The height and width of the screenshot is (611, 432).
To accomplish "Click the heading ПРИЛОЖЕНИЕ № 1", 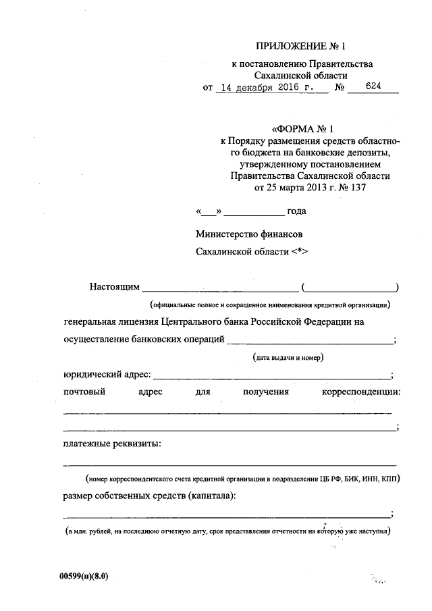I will pyautogui.click(x=300, y=47).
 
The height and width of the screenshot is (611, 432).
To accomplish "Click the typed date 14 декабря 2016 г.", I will pyautogui.click(x=269, y=88).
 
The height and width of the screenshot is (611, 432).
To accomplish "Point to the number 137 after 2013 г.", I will pyautogui.click(x=361, y=188).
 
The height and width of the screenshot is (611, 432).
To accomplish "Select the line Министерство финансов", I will pyautogui.click(x=249, y=234).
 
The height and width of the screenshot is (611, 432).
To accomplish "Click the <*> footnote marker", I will pyautogui.click(x=300, y=251).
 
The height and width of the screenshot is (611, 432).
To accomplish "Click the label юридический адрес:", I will pyautogui.click(x=107, y=375).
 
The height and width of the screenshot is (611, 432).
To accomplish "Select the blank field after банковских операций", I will pyautogui.click(x=310, y=341).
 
